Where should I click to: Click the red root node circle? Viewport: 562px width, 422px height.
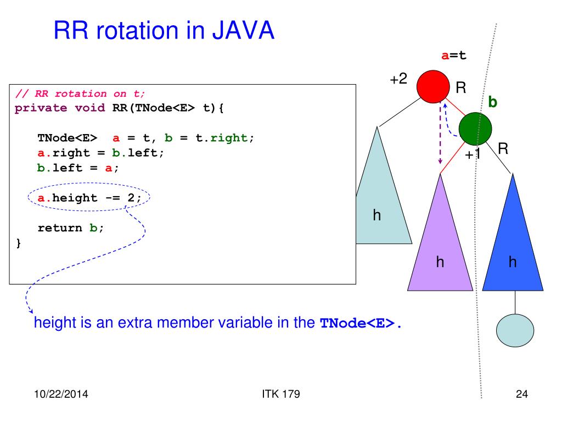click(433, 87)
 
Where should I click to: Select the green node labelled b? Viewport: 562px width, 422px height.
click(475, 128)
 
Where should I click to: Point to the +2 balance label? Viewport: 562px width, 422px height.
click(398, 79)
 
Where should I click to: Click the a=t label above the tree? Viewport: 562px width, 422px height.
click(454, 55)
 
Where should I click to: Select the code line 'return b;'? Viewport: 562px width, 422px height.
click(71, 227)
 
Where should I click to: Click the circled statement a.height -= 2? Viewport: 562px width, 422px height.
click(89, 198)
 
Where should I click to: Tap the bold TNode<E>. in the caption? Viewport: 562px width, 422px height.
click(361, 323)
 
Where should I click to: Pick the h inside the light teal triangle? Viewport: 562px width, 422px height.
click(377, 215)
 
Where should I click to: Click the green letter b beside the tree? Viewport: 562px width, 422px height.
click(493, 103)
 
